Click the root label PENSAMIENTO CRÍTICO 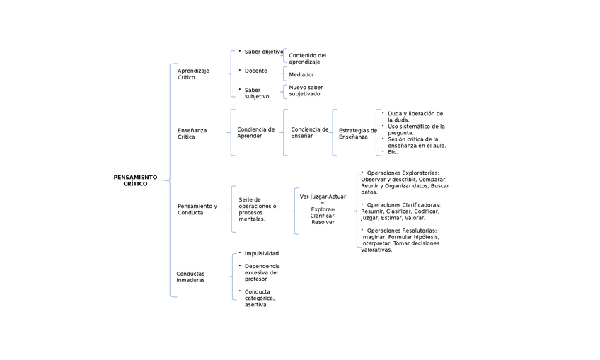[135, 180]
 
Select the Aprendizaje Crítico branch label [193, 74]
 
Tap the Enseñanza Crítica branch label [192, 133]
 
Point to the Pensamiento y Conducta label [197, 209]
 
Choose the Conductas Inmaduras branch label [190, 277]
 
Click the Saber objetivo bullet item [263, 52]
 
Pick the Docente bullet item [255, 71]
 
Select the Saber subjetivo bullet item [257, 93]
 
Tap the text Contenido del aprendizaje [307, 59]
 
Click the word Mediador [301, 74]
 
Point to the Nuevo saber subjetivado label [306, 91]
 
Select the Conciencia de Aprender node [255, 132]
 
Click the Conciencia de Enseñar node [309, 132]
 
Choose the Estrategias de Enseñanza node [357, 133]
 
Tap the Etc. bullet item [393, 152]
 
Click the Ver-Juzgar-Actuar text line [323, 197]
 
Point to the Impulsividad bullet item [261, 253]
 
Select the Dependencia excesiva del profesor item [261, 272]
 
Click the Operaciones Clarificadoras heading [403, 204]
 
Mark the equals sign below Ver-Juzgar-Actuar [323, 203]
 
